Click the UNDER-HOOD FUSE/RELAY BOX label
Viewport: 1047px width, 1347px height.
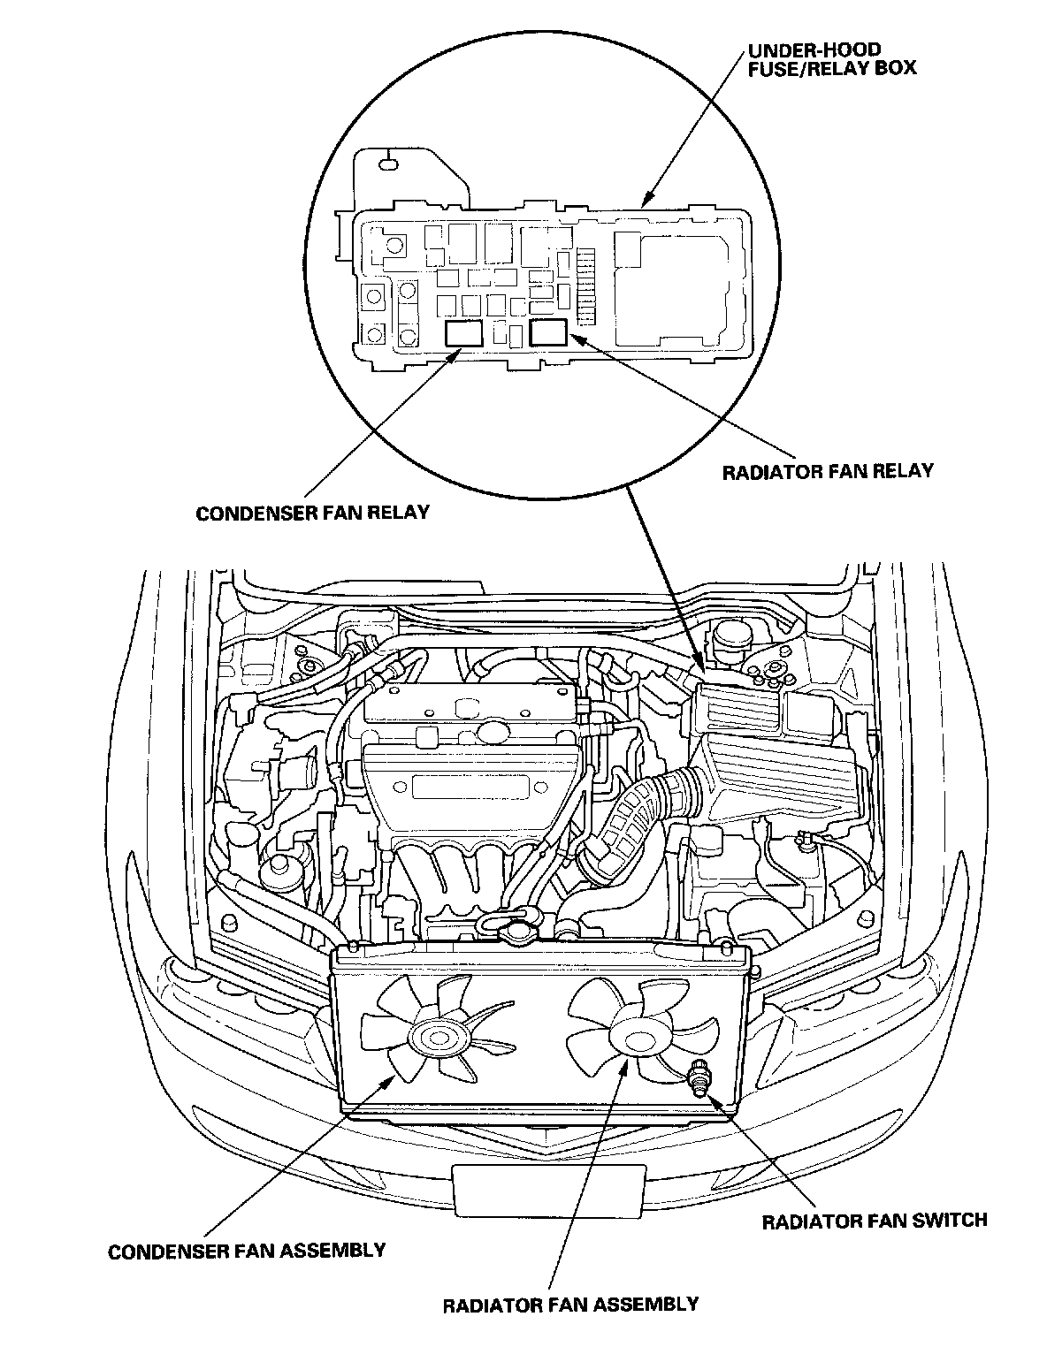pyautogui.click(x=831, y=59)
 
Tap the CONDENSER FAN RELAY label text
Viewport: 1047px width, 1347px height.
pyautogui.click(x=312, y=514)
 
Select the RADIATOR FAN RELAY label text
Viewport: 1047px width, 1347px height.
pyautogui.click(x=828, y=471)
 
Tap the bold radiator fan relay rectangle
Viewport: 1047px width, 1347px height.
pyautogui.click(x=548, y=332)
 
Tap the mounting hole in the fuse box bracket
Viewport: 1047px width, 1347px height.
pyautogui.click(x=387, y=164)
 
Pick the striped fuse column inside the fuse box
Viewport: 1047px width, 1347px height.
pyautogui.click(x=585, y=286)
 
